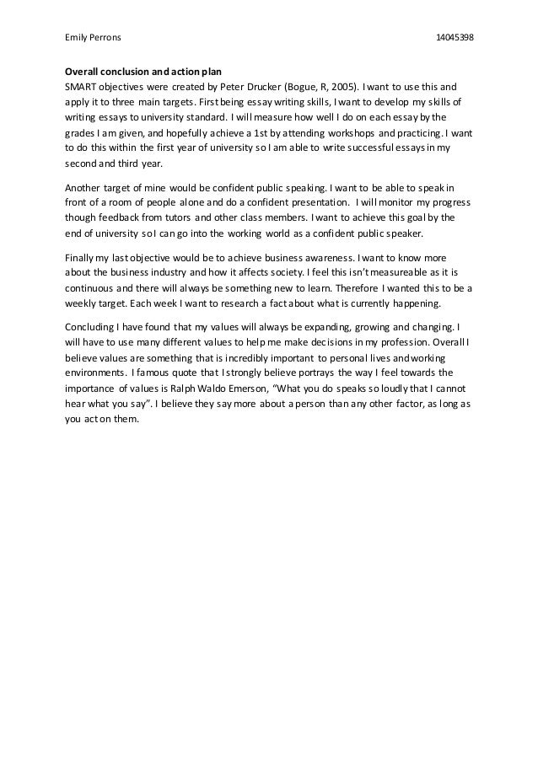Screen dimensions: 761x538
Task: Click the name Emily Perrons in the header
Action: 93,38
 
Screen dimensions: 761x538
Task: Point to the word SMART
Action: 83,86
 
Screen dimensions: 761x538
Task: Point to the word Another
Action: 85,188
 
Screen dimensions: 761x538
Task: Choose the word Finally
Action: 82,256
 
